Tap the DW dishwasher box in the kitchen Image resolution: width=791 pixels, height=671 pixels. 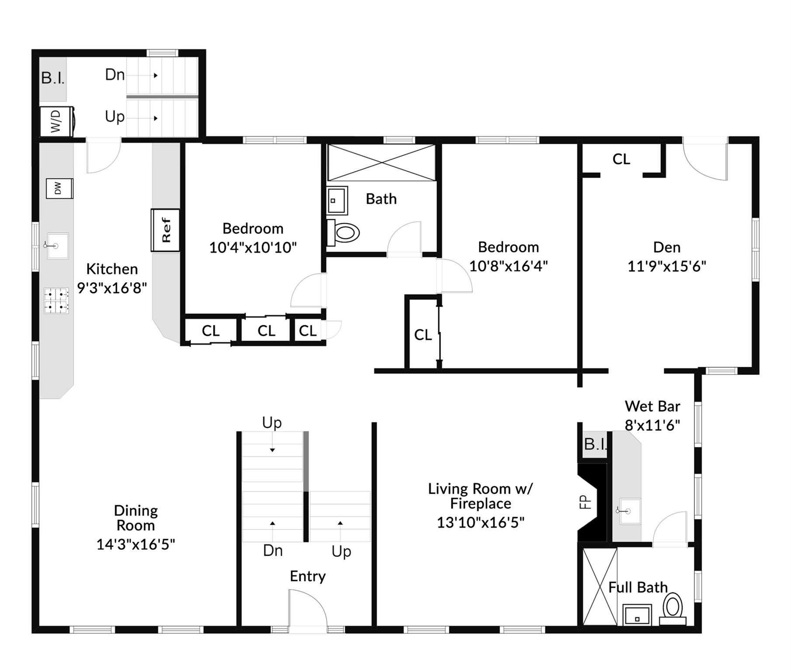click(59, 189)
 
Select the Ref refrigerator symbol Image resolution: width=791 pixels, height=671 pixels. click(166, 230)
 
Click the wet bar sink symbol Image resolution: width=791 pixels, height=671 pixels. click(629, 511)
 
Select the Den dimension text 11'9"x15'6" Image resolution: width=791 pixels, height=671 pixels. click(666, 266)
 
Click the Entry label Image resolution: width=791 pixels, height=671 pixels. click(308, 576)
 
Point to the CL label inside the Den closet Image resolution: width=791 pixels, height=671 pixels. click(621, 159)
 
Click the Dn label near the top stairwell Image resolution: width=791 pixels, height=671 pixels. click(115, 75)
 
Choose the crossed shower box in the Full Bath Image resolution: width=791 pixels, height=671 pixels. click(600, 587)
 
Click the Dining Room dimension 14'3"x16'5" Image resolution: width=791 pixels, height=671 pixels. click(135, 544)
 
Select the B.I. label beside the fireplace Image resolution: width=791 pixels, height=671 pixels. click(595, 444)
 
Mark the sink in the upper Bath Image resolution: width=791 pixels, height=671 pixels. click(337, 201)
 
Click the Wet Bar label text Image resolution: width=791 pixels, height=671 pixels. click(652, 406)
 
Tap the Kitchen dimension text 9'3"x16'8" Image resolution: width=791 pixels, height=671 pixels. click(112, 288)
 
